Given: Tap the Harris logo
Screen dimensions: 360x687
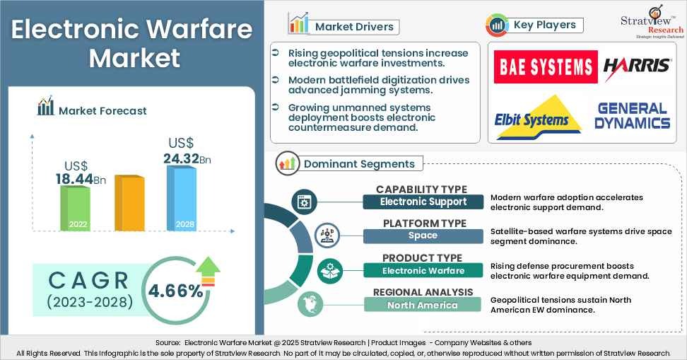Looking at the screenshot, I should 637,67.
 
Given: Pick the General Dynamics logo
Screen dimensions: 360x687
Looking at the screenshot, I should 633,116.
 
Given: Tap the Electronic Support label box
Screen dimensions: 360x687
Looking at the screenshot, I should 423,202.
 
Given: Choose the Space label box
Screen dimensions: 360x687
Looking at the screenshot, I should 423,236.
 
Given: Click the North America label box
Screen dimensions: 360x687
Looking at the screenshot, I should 423,305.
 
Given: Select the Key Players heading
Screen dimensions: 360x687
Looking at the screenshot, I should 544,25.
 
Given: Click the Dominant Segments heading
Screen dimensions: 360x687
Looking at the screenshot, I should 359,164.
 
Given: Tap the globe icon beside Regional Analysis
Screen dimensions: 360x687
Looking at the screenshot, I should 309,304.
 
